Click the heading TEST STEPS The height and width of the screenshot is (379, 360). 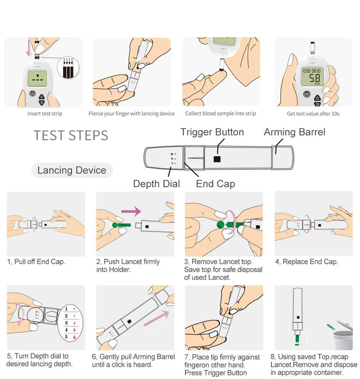71,135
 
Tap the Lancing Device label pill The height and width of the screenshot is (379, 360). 72,170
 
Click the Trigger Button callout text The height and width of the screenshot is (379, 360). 212,132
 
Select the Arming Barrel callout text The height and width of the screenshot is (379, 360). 294,132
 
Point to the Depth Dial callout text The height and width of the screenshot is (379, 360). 156,184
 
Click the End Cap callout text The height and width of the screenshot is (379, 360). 215,184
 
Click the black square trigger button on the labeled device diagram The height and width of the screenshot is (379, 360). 217,159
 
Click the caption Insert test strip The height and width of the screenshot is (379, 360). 45,114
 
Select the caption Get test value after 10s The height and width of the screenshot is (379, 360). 313,114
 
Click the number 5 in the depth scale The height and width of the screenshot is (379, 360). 66,336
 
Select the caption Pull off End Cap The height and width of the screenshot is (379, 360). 36,262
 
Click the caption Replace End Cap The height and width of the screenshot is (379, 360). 306,262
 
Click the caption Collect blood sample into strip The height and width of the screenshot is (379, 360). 220,114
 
